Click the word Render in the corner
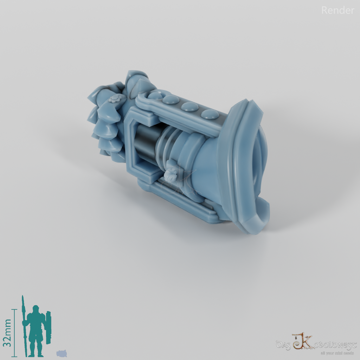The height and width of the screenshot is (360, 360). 337,11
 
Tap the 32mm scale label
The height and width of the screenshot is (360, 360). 7,333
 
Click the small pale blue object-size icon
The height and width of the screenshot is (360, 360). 61,353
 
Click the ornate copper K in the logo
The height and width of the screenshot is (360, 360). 301,341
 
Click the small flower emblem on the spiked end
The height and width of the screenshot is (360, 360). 114,100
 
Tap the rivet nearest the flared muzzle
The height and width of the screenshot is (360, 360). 210,114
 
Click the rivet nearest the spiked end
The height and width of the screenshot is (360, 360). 155,95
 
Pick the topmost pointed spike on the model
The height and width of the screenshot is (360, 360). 135,76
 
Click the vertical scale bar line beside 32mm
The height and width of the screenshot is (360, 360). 15,333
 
